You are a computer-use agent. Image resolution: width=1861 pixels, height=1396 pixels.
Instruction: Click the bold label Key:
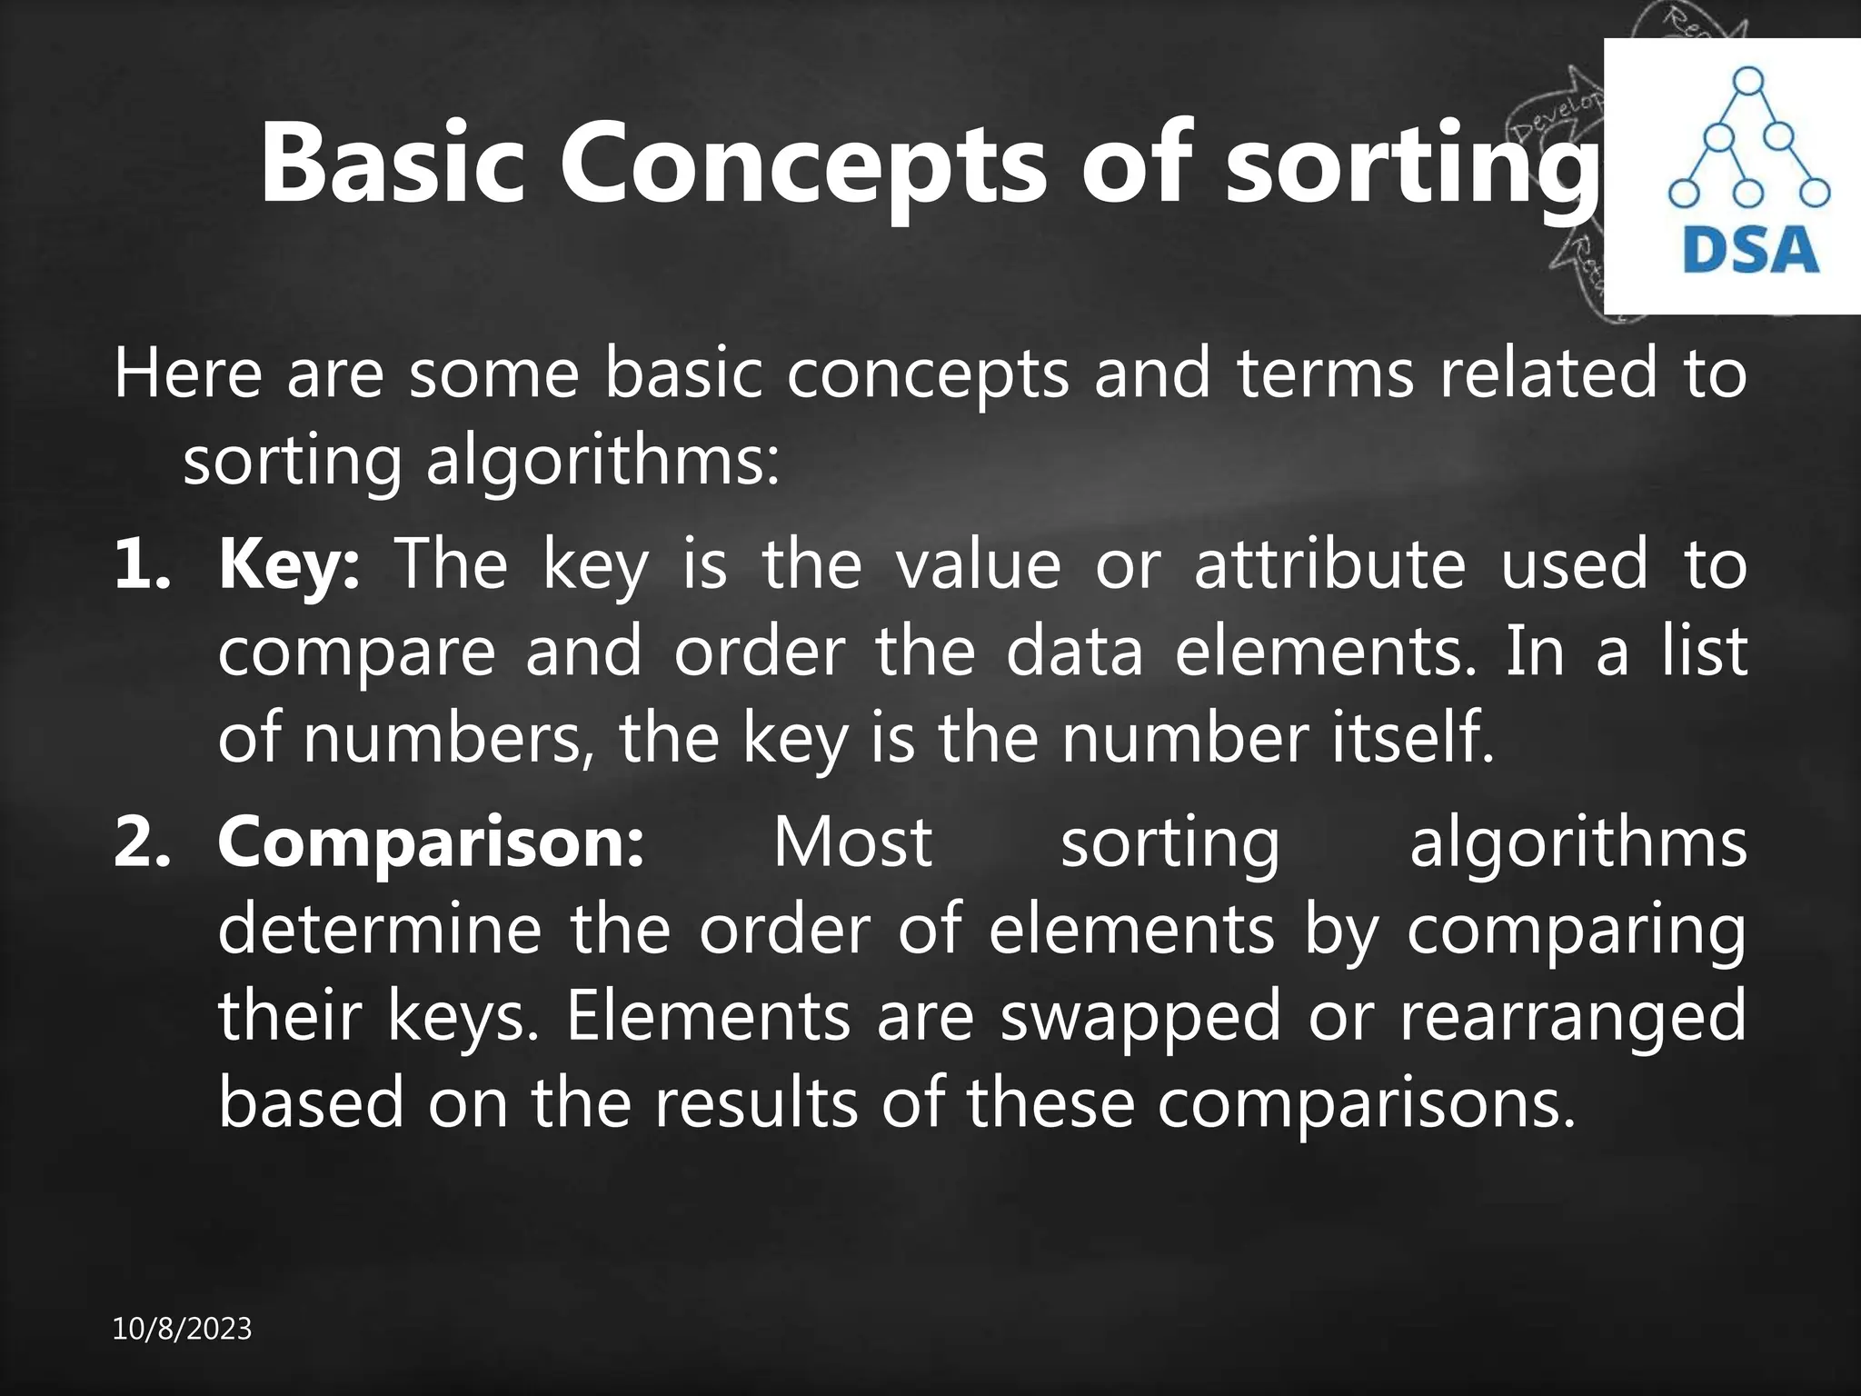[289, 564]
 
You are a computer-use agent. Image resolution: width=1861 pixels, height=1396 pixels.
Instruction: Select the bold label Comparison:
[431, 842]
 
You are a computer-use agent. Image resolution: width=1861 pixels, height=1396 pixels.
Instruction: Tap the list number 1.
[140, 564]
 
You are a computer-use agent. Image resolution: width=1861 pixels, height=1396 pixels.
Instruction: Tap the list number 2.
[142, 842]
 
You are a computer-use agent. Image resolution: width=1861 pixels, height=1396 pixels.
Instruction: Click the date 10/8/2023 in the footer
[182, 1330]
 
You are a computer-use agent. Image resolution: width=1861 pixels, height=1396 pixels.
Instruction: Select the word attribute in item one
[1329, 564]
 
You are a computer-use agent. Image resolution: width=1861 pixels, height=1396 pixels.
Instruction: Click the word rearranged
[1572, 1016]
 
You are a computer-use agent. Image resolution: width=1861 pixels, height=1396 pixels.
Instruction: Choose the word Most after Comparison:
[852, 842]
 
